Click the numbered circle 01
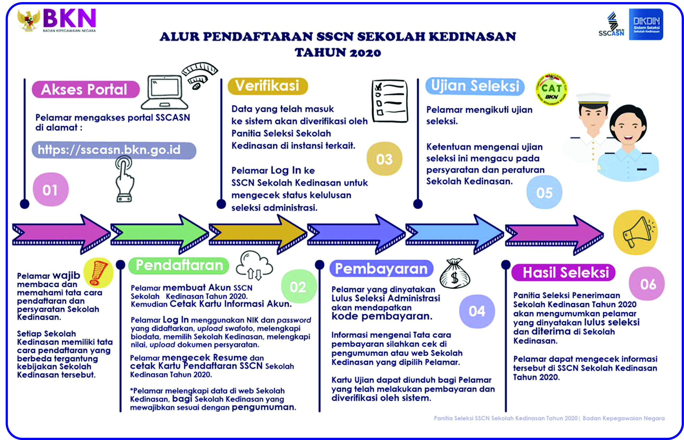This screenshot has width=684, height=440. coord(51,190)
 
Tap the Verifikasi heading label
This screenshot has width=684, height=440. coord(268,86)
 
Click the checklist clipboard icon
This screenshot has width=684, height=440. coord(390,101)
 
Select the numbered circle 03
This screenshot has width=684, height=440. coord(384,159)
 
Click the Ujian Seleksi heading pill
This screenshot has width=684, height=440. coord(475,86)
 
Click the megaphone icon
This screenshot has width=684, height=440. coord(636,232)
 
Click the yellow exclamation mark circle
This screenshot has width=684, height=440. coord(98,273)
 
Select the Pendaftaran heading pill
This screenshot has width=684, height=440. coord(179,265)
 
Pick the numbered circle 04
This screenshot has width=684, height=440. coord(477,311)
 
